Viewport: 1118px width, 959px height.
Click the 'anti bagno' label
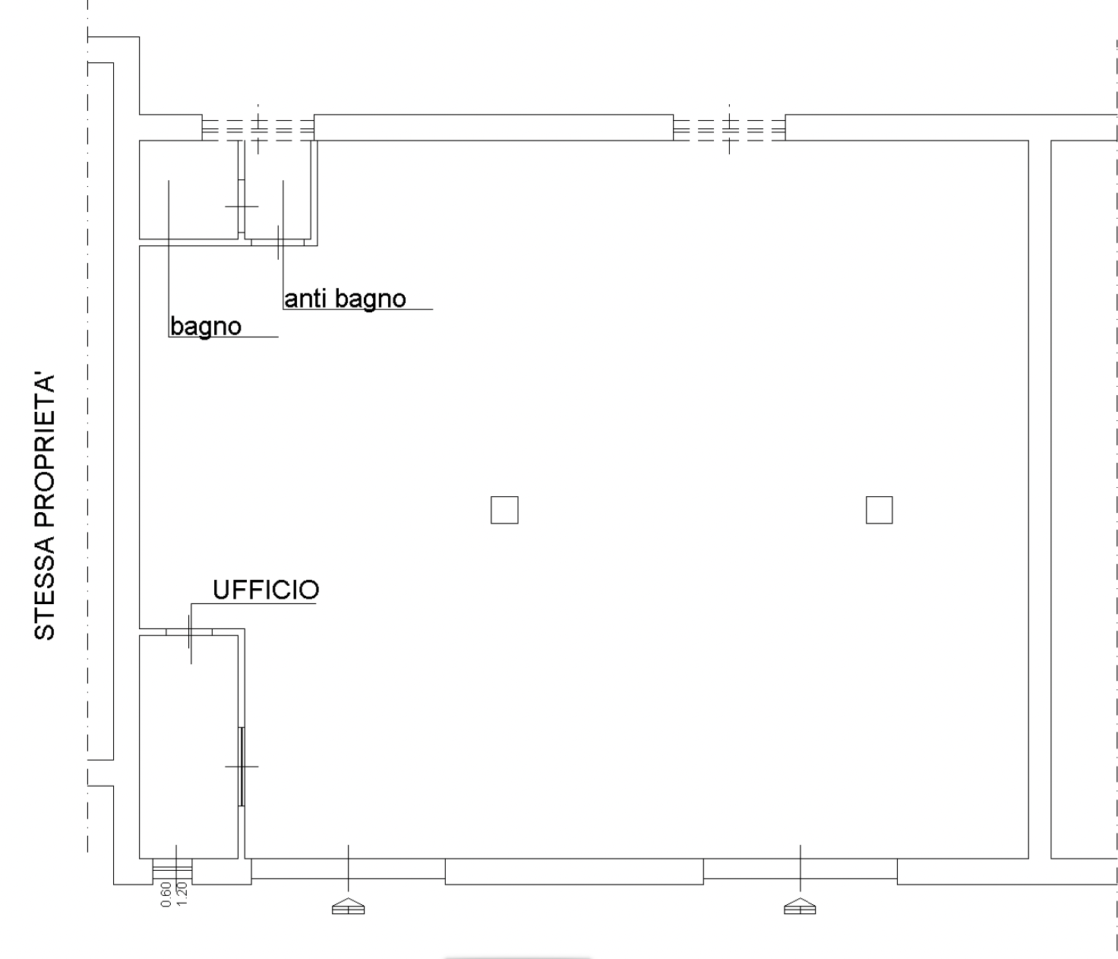(345, 299)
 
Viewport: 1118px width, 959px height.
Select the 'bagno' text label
(206, 327)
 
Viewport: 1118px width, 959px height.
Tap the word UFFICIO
(266, 590)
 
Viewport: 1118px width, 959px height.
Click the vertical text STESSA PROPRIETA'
(45, 505)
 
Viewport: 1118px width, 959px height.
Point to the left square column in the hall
(504, 510)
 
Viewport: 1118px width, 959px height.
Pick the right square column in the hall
(879, 510)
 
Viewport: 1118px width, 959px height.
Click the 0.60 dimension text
(166, 894)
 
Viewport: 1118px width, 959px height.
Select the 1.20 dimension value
(182, 894)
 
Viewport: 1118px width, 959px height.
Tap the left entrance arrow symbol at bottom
(348, 906)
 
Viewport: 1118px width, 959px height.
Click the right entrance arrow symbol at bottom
(800, 906)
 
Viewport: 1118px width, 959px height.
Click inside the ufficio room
(188, 747)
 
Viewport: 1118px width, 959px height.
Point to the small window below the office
(172, 872)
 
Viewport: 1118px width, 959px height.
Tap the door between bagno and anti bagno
(242, 206)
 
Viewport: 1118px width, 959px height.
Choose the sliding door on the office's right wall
(242, 766)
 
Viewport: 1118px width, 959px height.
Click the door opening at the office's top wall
(189, 632)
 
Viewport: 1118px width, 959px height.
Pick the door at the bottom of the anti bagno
(277, 242)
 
